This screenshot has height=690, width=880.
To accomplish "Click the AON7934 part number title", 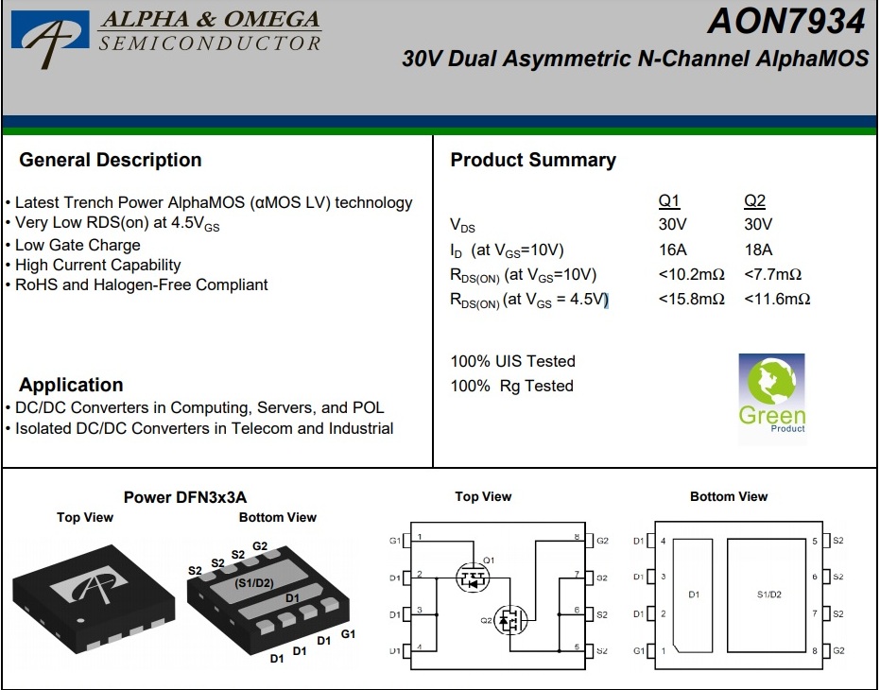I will tap(786, 21).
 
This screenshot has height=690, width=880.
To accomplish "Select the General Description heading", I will tap(110, 160).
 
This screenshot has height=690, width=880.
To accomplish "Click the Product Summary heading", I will tap(532, 160).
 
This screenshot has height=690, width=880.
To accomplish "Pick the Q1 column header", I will tap(668, 200).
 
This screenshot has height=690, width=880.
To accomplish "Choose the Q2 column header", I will tap(754, 200).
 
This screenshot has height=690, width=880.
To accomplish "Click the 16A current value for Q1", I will tap(673, 250).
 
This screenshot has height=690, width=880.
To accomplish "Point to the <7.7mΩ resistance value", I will tap(772, 274).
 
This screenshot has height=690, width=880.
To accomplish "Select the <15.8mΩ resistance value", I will tap(691, 299).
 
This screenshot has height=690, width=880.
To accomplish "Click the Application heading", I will tap(71, 385).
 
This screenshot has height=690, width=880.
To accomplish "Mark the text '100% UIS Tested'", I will tap(512, 361).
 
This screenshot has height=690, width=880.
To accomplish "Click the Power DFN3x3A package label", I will tap(185, 497).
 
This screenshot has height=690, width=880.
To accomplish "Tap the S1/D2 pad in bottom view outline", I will tap(769, 595).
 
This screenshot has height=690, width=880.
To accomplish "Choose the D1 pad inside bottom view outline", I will tap(694, 595).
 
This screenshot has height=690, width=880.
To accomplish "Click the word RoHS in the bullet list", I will tap(35, 285).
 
